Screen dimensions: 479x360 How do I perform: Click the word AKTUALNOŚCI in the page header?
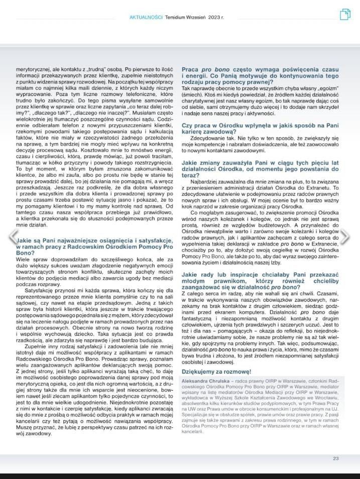pos(146,17)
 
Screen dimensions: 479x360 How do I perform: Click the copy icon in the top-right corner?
pos(345,15)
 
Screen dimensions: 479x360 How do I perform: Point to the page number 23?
pos(336,458)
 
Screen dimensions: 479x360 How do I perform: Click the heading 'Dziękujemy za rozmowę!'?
pos(216,371)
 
